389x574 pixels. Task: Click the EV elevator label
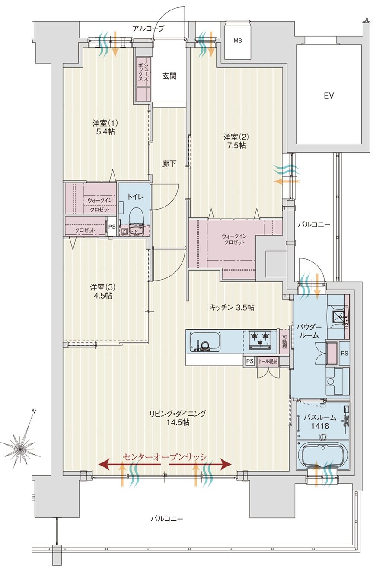pos(328,96)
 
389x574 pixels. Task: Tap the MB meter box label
pos(238,41)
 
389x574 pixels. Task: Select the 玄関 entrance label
pos(169,76)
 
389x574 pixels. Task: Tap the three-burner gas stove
pos(260,340)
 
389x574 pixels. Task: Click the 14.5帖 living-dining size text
pos(178,422)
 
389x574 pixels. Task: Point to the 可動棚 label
pos(284,341)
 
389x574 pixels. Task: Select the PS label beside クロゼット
pos(112,226)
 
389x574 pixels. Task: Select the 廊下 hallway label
pos(169,163)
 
